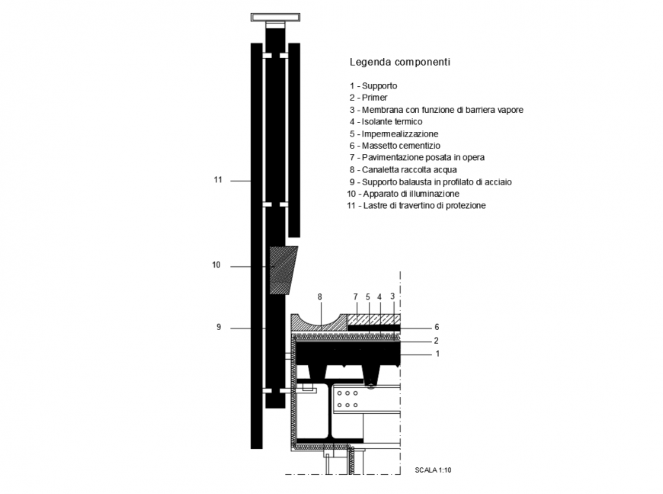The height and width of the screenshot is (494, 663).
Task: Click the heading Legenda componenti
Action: click(x=399, y=62)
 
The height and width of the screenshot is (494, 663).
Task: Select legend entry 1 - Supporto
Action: click(x=373, y=86)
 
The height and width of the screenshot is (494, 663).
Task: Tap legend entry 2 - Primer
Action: click(x=369, y=98)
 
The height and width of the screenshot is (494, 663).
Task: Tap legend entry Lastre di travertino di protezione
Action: click(x=415, y=206)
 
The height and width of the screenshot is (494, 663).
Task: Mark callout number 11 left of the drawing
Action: click(x=218, y=180)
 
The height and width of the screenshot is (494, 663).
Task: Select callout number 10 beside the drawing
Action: click(x=216, y=265)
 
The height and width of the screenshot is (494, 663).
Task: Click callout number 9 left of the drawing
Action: click(x=218, y=327)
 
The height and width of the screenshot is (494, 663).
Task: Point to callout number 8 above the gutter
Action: click(x=320, y=296)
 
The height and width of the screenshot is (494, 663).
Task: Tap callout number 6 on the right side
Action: click(x=437, y=327)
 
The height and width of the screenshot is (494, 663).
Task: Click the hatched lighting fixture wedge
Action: click(x=282, y=270)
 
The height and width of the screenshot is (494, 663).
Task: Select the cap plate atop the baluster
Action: click(x=274, y=17)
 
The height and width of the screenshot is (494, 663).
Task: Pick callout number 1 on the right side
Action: click(x=437, y=354)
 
